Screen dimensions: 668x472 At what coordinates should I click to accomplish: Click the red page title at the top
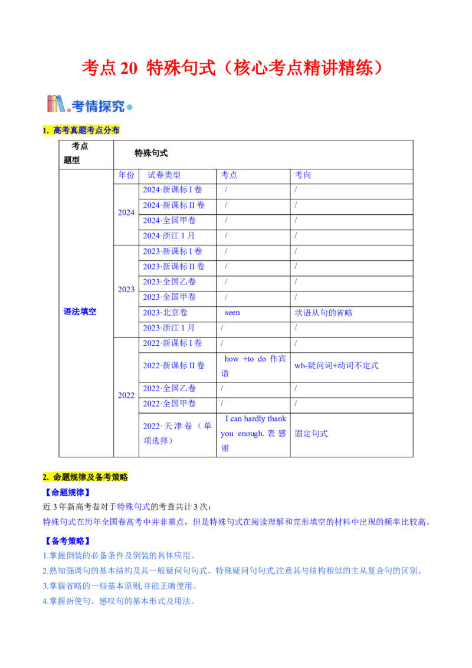pyautogui.click(x=232, y=68)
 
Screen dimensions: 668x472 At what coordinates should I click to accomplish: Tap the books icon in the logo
pyautogui.click(x=57, y=104)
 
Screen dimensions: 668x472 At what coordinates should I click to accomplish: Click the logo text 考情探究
pyautogui.click(x=98, y=106)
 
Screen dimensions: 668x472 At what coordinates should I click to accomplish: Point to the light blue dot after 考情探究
pyautogui.click(x=130, y=107)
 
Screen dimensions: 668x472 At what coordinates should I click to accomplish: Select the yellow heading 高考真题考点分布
pyautogui.click(x=82, y=130)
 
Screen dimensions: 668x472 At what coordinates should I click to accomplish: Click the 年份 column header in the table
pyautogui.click(x=126, y=175)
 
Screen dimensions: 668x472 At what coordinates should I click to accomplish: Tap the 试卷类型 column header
pyautogui.click(x=165, y=175)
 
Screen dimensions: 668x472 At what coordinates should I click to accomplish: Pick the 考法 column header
pyautogui.click(x=303, y=175)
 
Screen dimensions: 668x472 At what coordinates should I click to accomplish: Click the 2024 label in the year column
pyautogui.click(x=126, y=212)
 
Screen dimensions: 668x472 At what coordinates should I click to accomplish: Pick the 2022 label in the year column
pyautogui.click(x=126, y=396)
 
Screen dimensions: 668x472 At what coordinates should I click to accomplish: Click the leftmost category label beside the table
pyautogui.click(x=80, y=311)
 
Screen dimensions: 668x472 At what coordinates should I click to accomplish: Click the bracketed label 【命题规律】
pyautogui.click(x=67, y=492)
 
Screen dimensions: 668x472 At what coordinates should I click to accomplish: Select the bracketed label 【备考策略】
pyautogui.click(x=67, y=539)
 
